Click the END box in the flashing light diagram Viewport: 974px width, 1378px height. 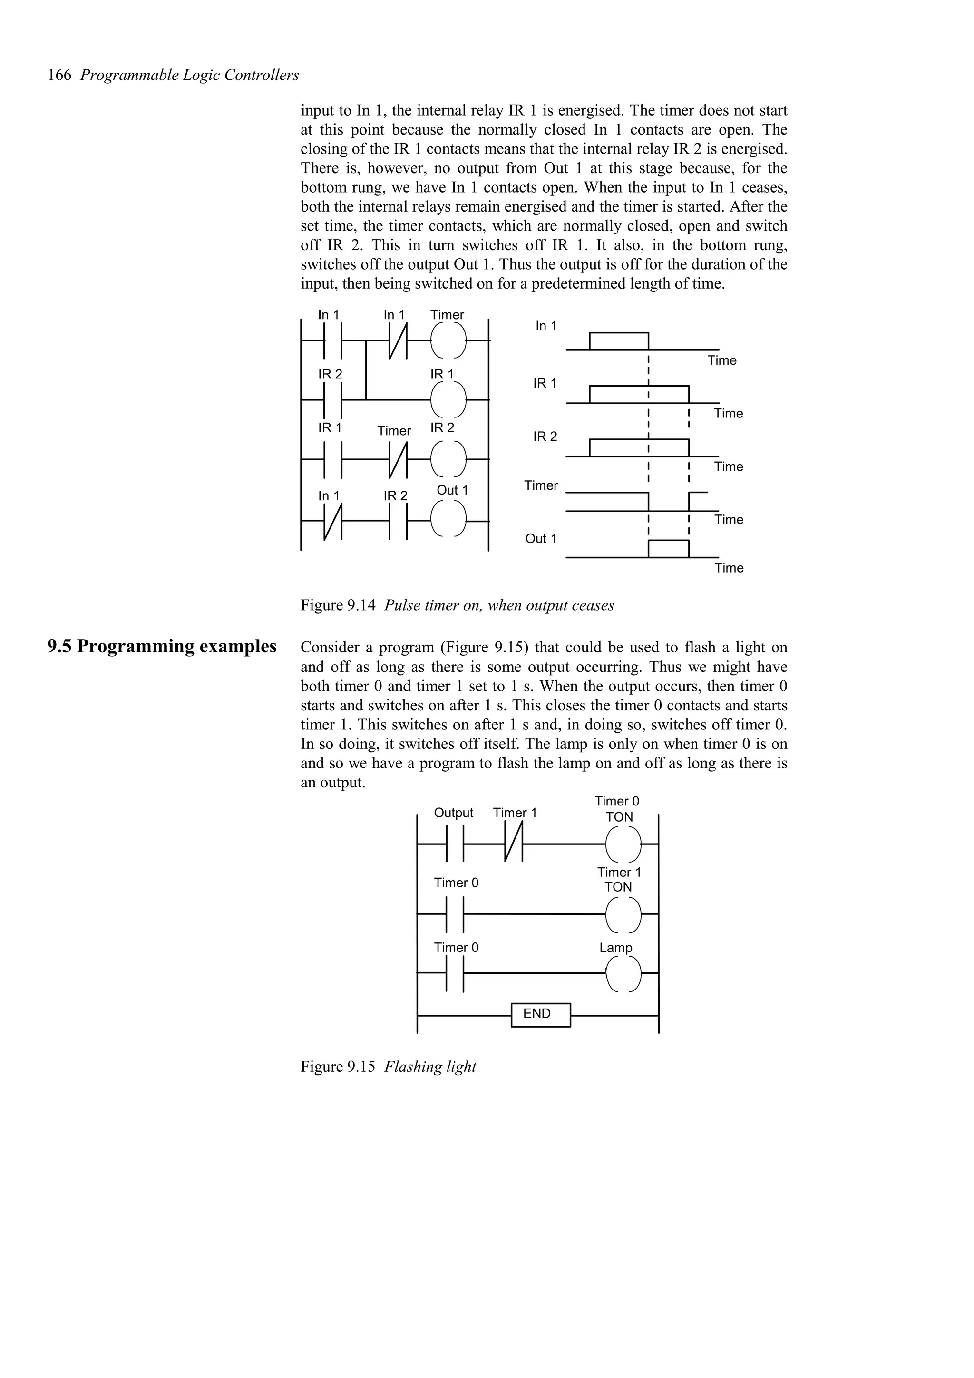[540, 1014]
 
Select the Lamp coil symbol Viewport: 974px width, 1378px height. [623, 973]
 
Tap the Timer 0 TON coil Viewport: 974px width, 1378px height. [623, 843]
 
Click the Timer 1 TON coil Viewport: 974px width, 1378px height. [623, 913]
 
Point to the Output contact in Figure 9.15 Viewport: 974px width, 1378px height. [456, 843]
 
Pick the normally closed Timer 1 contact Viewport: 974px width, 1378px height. [514, 843]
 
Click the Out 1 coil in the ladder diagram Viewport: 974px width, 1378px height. [448, 519]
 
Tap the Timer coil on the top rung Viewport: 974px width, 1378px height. [448, 340]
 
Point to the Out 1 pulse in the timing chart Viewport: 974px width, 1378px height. [668, 549]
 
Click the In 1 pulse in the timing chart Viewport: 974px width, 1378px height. [618, 341]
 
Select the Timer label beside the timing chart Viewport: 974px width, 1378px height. [541, 485]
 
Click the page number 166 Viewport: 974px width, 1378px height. [59, 76]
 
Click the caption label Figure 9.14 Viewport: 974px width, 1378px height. [338, 606]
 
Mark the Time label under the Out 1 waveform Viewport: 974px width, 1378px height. [729, 568]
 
